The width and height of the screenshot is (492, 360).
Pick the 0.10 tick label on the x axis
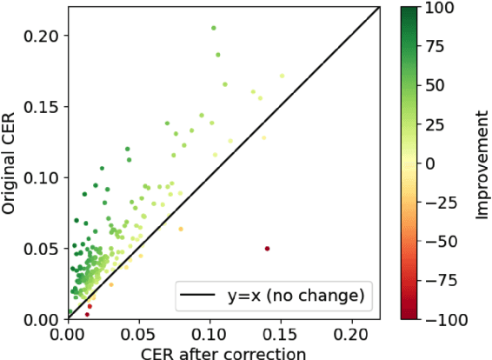tap(209, 334)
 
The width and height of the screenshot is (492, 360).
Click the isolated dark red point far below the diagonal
tap(267, 249)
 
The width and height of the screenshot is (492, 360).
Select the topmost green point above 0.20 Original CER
tap(214, 28)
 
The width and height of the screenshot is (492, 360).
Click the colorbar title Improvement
tap(483, 163)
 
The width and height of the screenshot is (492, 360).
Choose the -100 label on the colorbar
tap(437, 319)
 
